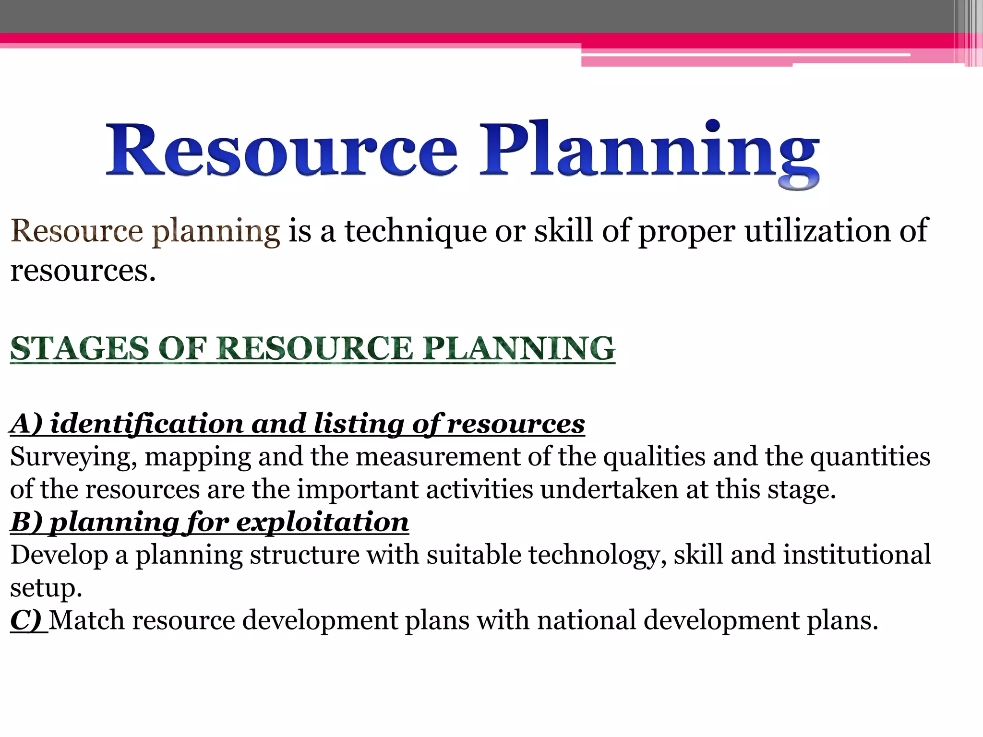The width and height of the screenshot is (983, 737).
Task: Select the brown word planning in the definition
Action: tap(216, 232)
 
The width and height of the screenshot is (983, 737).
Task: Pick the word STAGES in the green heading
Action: tap(80, 348)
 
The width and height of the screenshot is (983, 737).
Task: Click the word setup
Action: tap(46, 588)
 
